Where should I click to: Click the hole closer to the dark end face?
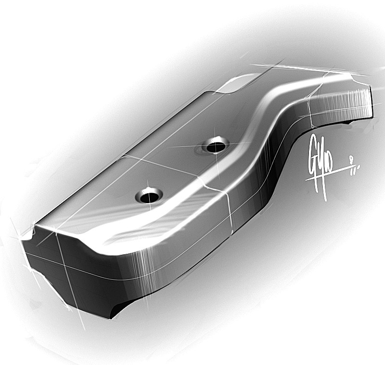[x=149, y=196]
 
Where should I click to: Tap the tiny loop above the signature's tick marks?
[x=355, y=157]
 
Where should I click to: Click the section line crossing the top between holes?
[x=164, y=166]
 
